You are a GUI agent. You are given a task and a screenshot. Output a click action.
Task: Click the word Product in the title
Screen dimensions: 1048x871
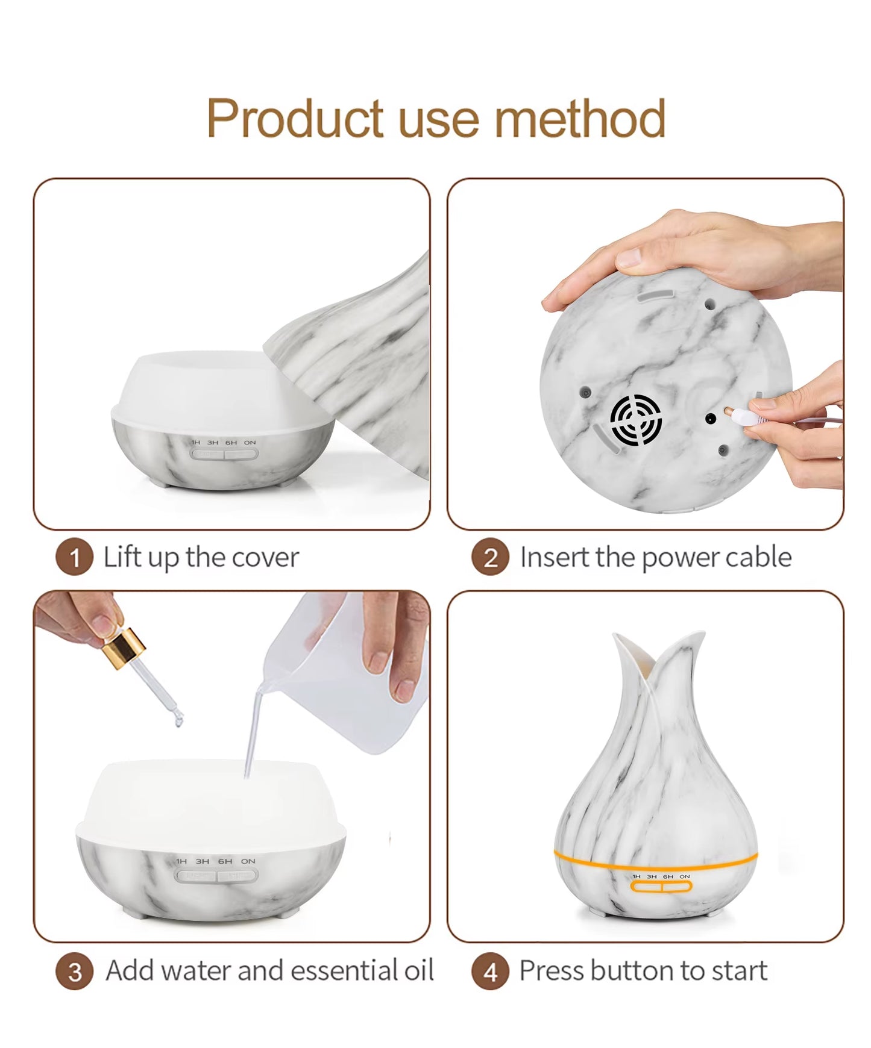(295, 119)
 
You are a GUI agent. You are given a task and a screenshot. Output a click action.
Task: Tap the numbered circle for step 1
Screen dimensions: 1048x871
(74, 557)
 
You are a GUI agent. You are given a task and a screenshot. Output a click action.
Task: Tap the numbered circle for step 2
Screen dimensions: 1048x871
(490, 557)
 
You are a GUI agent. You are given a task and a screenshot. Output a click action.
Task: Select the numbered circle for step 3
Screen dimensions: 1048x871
(74, 972)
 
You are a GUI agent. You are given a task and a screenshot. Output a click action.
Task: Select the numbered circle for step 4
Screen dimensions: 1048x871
(490, 972)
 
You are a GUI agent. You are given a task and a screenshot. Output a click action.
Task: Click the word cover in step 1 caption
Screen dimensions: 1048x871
(265, 558)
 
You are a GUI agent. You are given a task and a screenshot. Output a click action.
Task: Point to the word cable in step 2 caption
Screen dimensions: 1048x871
(758, 557)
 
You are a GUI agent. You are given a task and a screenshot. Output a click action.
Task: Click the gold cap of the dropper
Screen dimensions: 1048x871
(124, 647)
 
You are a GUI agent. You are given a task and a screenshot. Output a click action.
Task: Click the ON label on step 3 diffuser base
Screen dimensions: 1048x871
(248, 861)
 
